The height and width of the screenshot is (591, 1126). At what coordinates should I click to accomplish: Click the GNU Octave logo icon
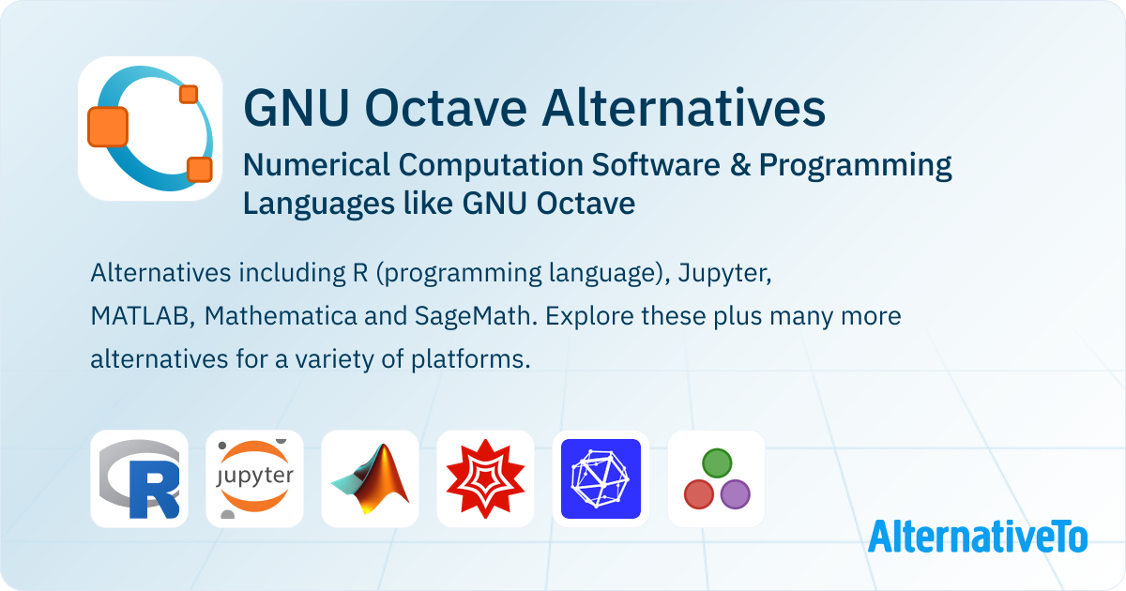pyautogui.click(x=150, y=129)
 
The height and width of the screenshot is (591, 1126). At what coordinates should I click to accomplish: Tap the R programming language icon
pyautogui.click(x=139, y=478)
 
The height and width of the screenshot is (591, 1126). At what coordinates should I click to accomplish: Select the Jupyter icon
pyautogui.click(x=255, y=478)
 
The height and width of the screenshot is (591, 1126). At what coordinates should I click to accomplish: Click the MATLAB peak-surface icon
pyautogui.click(x=370, y=478)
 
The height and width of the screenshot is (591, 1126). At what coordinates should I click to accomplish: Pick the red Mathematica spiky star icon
pyautogui.click(x=486, y=478)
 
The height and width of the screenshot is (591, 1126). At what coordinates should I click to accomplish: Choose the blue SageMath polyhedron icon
pyautogui.click(x=601, y=478)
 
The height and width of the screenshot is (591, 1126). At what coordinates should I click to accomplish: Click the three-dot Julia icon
pyautogui.click(x=716, y=478)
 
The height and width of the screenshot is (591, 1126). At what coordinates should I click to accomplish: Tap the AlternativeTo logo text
pyautogui.click(x=978, y=537)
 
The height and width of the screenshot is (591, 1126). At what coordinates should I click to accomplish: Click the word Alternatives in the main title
pyautogui.click(x=684, y=108)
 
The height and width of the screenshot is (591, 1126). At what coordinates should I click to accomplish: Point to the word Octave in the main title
pyautogui.click(x=446, y=108)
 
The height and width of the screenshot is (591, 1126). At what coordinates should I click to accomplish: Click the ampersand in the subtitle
pyautogui.click(x=740, y=165)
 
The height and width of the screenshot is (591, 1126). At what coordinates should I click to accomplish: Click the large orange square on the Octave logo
pyautogui.click(x=108, y=127)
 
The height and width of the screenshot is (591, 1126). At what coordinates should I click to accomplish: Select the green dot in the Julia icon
pyautogui.click(x=717, y=462)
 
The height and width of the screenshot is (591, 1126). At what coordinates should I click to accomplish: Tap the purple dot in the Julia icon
pyautogui.click(x=736, y=494)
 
